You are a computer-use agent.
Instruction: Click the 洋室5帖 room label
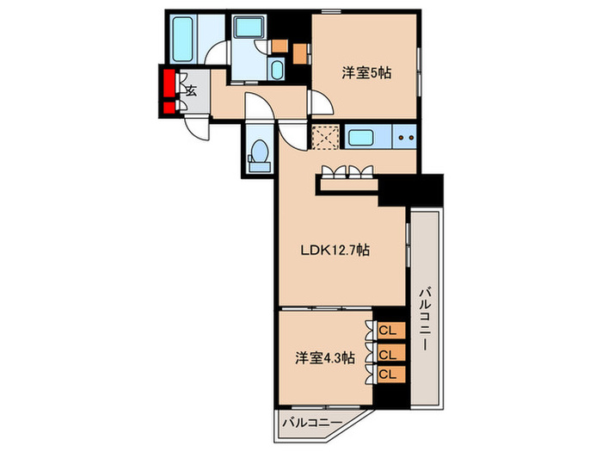(366, 74)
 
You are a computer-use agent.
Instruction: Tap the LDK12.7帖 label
(335, 251)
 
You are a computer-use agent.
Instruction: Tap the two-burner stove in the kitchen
(404, 137)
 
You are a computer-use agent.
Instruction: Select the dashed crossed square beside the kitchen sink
(325, 138)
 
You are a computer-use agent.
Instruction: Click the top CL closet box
(388, 330)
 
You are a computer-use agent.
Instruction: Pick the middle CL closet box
(388, 354)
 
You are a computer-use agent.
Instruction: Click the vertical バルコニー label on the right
(424, 319)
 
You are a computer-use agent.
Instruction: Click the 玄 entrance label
(191, 90)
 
